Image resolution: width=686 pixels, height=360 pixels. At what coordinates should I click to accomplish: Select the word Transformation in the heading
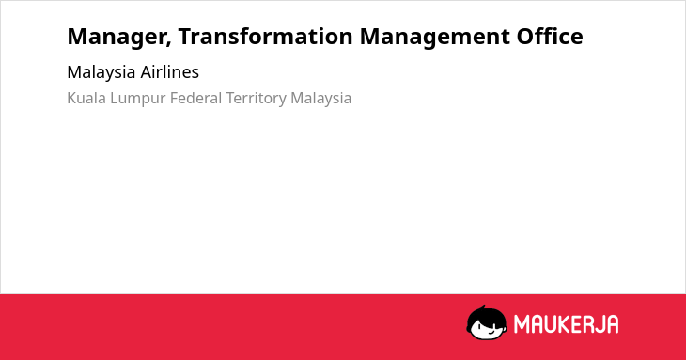266,36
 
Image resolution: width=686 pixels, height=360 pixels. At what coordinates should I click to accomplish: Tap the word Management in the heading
434,38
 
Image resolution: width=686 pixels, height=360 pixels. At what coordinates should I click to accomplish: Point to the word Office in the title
550,36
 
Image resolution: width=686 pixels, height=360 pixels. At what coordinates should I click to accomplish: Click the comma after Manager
168,44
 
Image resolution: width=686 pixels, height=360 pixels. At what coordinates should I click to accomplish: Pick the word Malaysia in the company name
101,72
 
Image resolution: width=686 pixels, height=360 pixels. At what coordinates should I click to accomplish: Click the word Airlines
170,71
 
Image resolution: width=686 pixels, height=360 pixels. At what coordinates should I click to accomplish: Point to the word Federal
196,98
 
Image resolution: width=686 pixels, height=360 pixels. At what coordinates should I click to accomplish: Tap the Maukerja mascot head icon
487,322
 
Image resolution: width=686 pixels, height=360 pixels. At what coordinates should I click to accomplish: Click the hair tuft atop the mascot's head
483,307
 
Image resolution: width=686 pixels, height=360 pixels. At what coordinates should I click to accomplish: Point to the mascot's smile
492,331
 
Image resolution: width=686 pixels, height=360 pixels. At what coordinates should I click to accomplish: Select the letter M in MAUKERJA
522,324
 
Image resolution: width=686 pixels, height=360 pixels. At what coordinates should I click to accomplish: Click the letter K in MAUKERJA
567,324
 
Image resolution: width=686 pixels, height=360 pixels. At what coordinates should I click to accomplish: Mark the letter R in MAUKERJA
589,324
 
